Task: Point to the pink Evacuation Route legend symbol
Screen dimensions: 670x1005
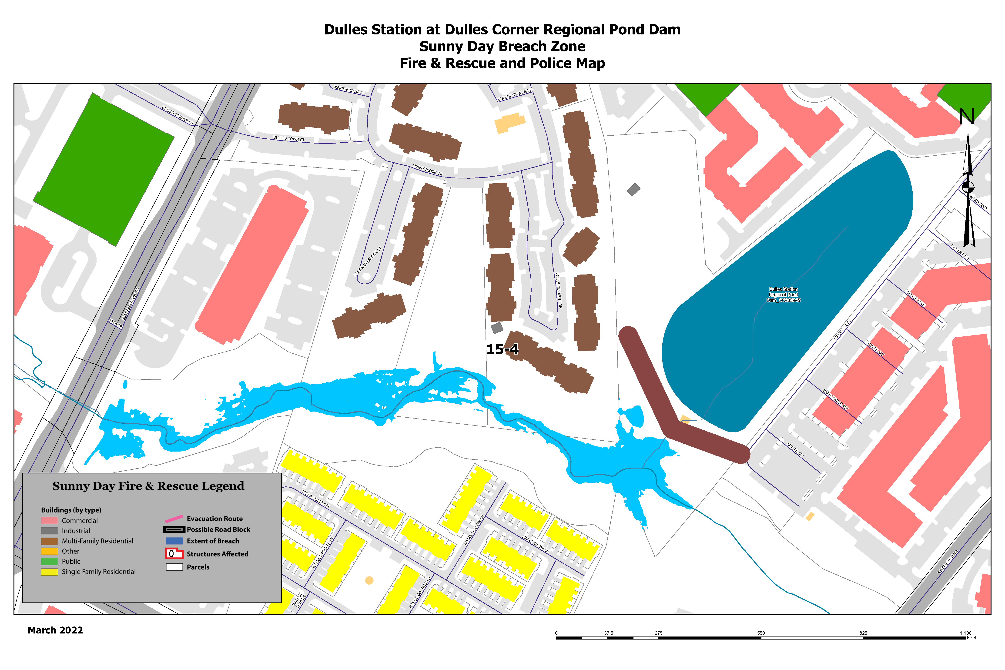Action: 174,519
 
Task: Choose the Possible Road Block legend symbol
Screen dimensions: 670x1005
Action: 174,529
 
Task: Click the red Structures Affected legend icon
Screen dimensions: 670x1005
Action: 174,554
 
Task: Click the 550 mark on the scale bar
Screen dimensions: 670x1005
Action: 761,633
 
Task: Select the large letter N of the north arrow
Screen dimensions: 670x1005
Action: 967,117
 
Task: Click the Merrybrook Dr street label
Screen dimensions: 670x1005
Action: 427,170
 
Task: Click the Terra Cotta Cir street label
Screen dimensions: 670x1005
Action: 315,499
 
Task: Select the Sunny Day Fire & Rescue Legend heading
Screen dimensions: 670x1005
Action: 148,486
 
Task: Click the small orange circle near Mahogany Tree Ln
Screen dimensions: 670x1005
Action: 369,580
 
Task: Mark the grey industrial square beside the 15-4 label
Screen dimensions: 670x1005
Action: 497,328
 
